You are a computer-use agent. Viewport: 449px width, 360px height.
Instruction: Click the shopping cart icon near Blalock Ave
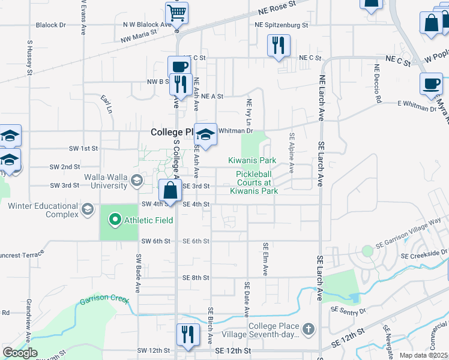[176, 12]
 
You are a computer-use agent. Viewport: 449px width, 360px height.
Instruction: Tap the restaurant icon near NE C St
[279, 45]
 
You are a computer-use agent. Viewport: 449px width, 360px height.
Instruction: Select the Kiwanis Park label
[252, 160]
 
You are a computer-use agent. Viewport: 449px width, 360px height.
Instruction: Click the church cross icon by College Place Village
[309, 329]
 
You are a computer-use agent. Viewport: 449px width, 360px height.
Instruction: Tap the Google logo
[20, 353]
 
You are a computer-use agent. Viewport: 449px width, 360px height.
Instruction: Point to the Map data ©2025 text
[424, 355]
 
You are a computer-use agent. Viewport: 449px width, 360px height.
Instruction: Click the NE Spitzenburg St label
[281, 25]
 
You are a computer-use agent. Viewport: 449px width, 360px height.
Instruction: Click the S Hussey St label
[29, 58]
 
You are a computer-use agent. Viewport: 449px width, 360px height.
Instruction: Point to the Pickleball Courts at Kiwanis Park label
[254, 182]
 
